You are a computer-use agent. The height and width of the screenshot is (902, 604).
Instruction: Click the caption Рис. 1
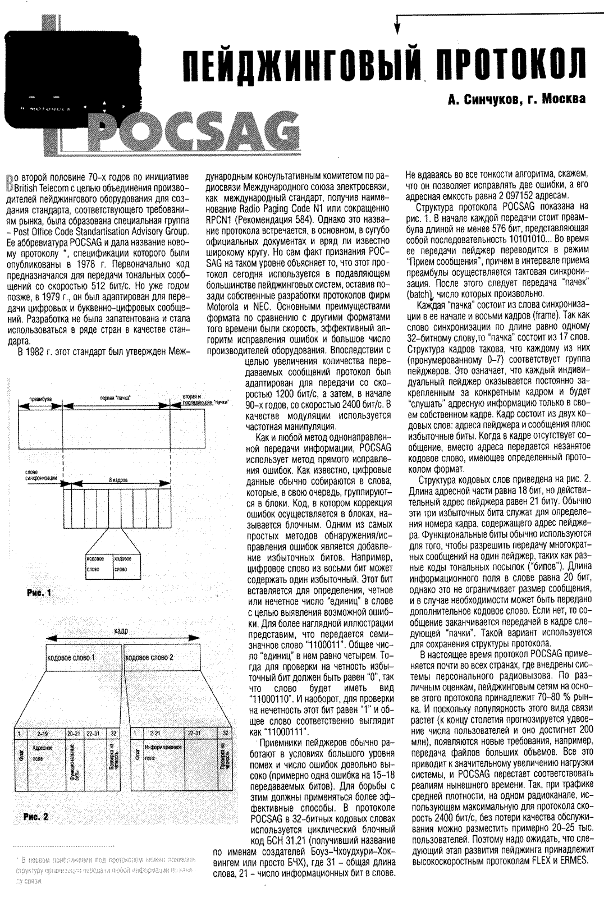click(38, 593)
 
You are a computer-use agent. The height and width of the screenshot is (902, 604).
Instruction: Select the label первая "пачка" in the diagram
click(115, 398)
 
